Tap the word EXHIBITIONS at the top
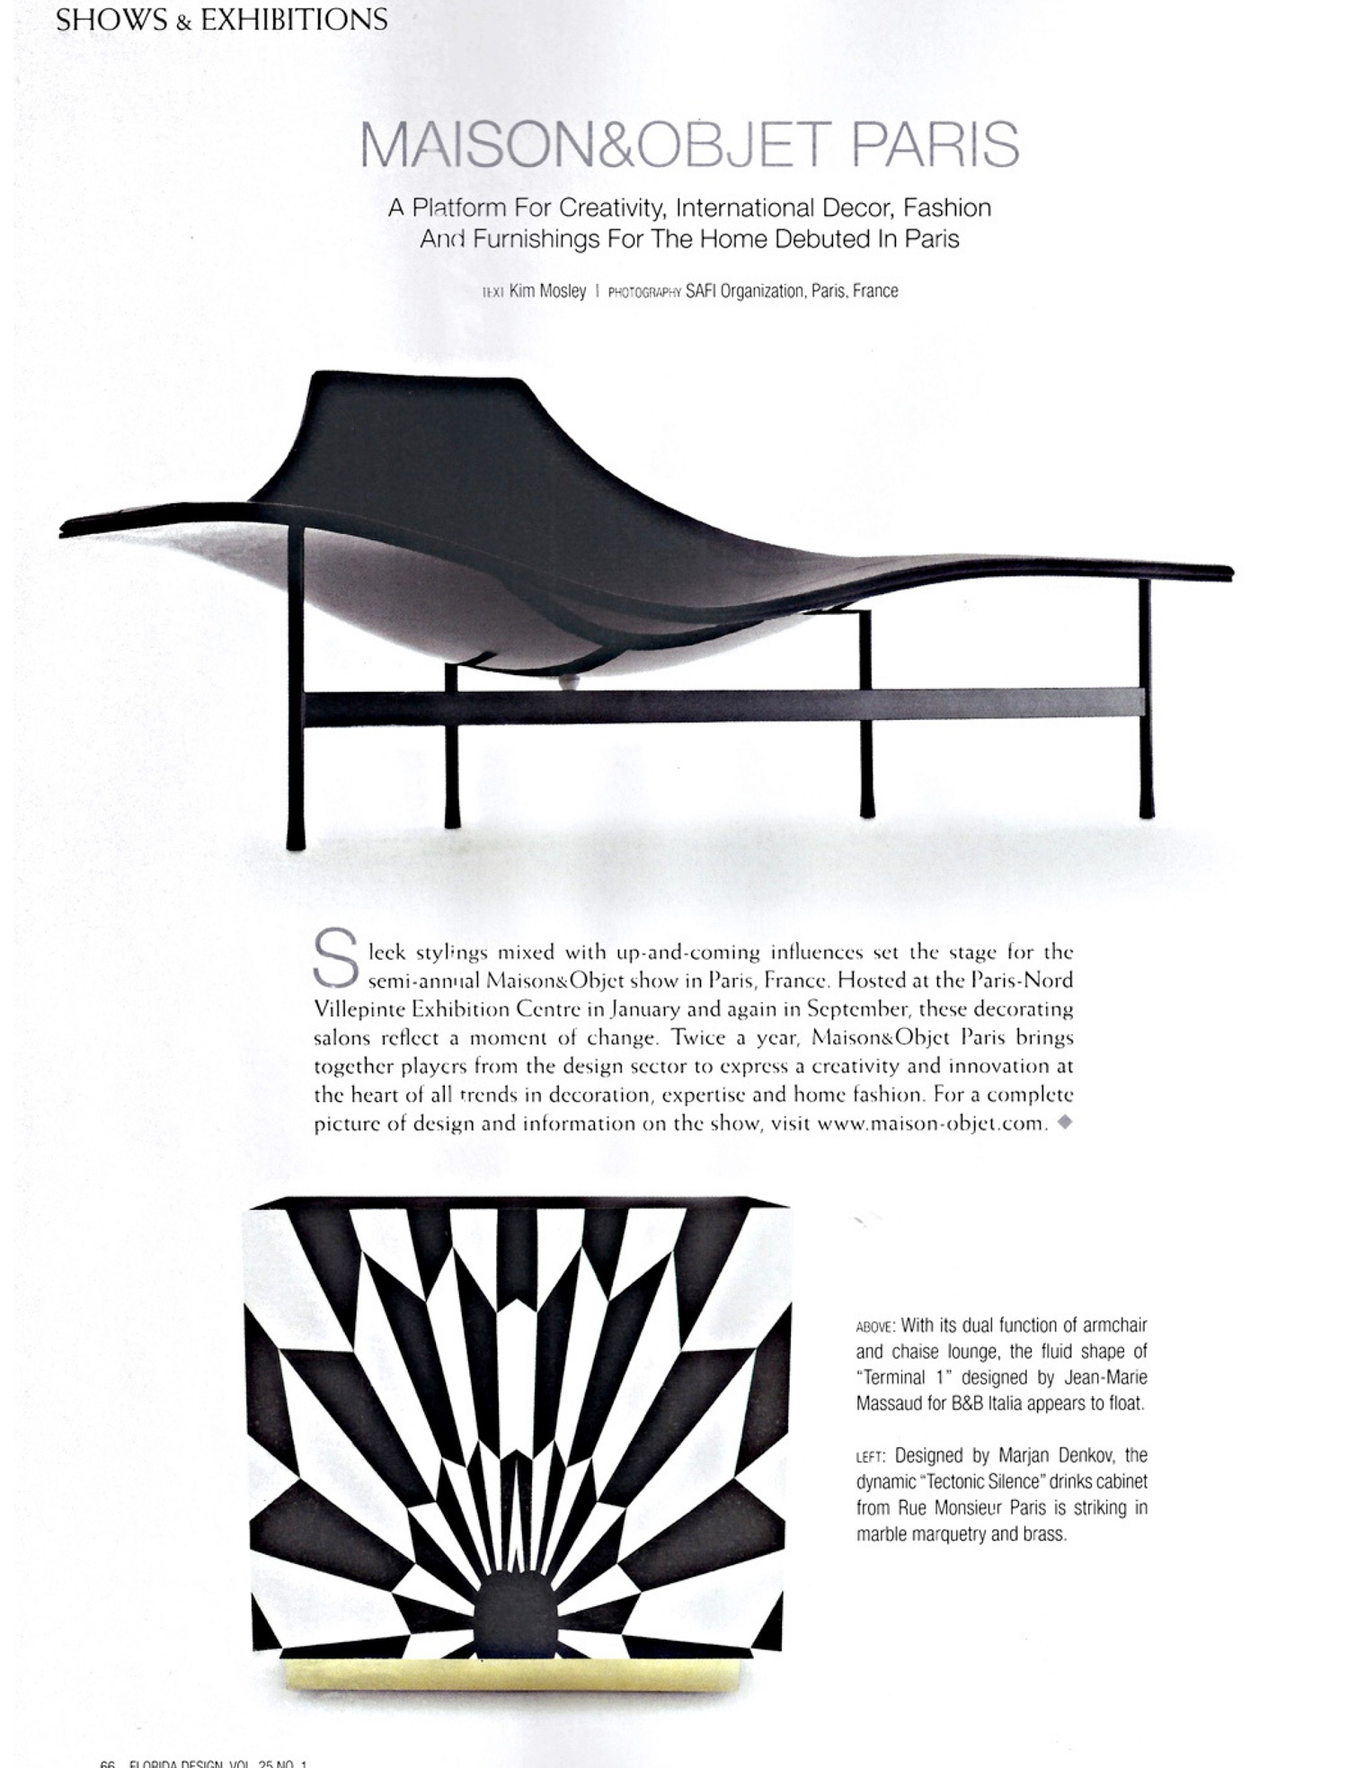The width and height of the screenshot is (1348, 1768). click(x=294, y=19)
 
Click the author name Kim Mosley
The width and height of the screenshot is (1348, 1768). click(x=547, y=291)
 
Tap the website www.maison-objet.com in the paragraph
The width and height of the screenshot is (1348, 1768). click(x=932, y=1124)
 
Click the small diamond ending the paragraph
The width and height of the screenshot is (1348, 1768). click(x=1065, y=1122)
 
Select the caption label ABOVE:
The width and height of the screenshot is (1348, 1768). click(x=875, y=1327)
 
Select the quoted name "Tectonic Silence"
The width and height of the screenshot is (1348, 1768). click(x=980, y=1482)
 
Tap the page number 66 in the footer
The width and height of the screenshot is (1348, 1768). click(x=108, y=1763)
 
